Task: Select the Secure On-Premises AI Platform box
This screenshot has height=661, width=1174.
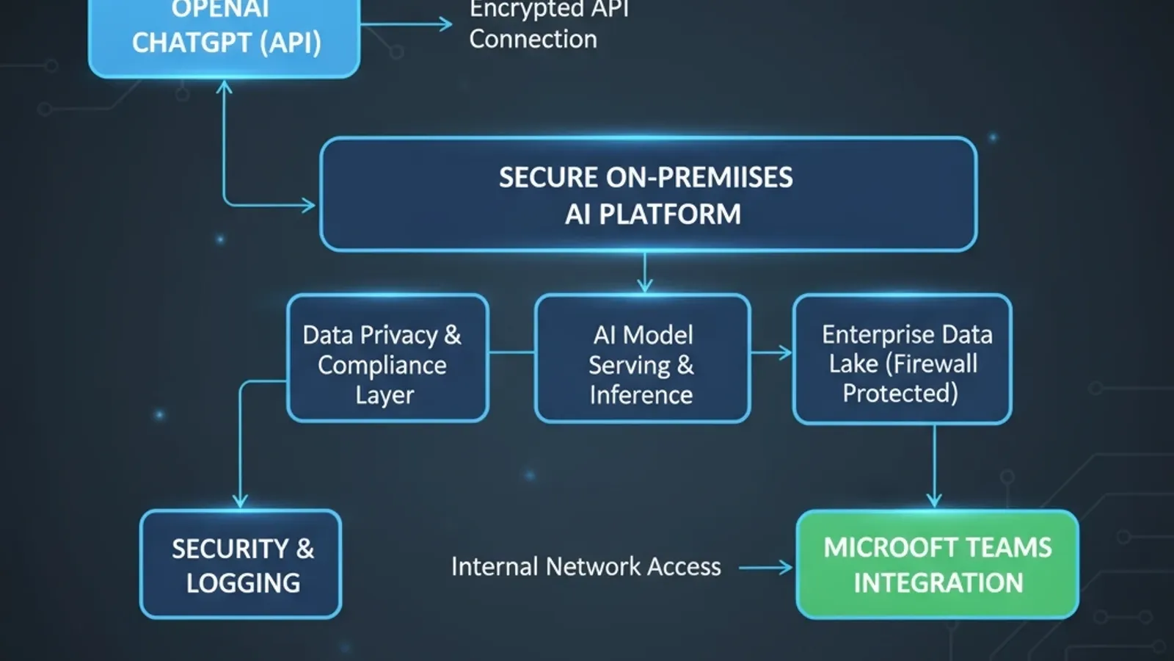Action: [648, 195]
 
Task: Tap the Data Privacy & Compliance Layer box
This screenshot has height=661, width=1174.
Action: [387, 358]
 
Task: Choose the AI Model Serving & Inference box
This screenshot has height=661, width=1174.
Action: [642, 358]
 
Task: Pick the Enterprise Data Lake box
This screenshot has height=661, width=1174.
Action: [902, 359]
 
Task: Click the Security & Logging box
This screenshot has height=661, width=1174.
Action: [241, 564]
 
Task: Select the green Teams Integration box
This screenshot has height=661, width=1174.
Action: [937, 564]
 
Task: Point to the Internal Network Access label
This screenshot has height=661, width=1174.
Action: [586, 567]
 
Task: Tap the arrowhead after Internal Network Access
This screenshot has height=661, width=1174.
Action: [786, 568]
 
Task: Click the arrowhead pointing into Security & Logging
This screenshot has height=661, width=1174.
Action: [240, 502]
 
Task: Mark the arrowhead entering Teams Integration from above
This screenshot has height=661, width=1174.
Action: [934, 501]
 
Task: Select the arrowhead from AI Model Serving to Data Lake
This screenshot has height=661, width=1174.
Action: [786, 353]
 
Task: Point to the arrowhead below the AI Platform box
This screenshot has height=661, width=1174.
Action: [645, 285]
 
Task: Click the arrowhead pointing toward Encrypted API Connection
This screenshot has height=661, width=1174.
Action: [445, 24]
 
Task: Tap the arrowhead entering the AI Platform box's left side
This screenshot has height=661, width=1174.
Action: [309, 205]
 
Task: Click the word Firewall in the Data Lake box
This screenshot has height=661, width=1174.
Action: [934, 364]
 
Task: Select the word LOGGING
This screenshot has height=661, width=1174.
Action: [243, 583]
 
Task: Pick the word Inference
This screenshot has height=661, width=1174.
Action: [641, 395]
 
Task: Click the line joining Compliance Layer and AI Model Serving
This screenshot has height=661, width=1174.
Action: [511, 353]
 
